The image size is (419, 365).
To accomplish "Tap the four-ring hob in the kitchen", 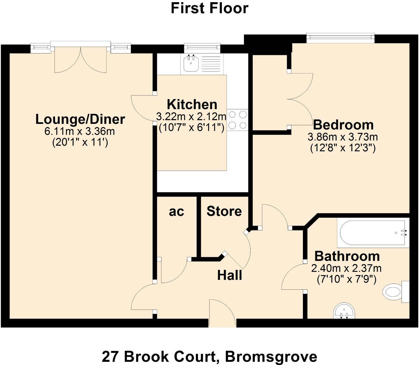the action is pyautogui.click(x=237, y=120).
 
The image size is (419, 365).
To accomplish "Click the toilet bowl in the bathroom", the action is pyautogui.click(x=393, y=292).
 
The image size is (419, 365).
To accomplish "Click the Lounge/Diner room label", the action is pyautogui.click(x=80, y=119).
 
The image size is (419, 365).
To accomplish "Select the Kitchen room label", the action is pyautogui.click(x=192, y=104).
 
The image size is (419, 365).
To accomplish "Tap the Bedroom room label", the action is pyautogui.click(x=343, y=125).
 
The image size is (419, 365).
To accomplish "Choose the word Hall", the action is pyautogui.click(x=230, y=275).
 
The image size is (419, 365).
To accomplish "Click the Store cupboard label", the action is pyautogui.click(x=224, y=211).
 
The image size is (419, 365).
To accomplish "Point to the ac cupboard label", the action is pyautogui.click(x=176, y=212).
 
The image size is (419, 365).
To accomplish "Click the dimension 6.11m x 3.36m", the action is pyautogui.click(x=79, y=131).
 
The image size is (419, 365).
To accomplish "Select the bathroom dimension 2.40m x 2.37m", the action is pyautogui.click(x=346, y=268).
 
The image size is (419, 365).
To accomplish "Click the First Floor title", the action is pyautogui.click(x=210, y=8).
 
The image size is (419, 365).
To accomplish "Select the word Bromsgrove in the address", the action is pyautogui.click(x=271, y=357).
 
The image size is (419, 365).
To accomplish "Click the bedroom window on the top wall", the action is pyautogui.click(x=340, y=38).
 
